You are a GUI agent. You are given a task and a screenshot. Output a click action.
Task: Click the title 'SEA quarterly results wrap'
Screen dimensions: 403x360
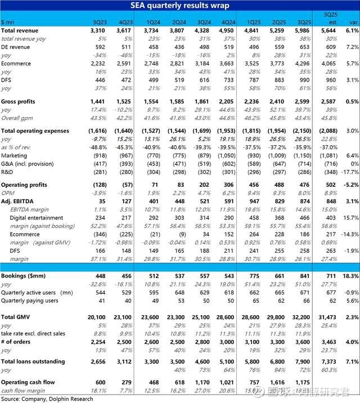[x=180, y=5]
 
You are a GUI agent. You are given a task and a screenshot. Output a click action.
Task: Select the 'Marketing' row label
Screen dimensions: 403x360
[x=15, y=155]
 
